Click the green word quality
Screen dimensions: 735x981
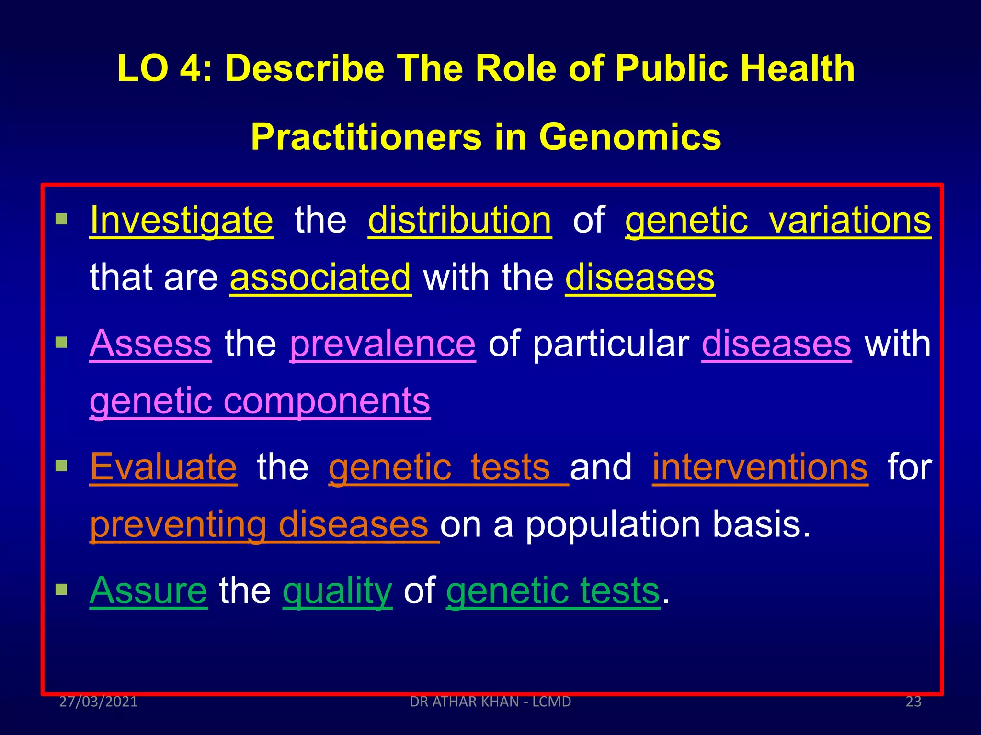[x=337, y=591]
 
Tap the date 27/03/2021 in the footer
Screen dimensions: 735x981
[x=98, y=702]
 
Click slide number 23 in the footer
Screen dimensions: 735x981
[x=913, y=702]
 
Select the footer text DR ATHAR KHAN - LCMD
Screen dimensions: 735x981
[x=490, y=702]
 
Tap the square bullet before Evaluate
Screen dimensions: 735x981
[x=61, y=466]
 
